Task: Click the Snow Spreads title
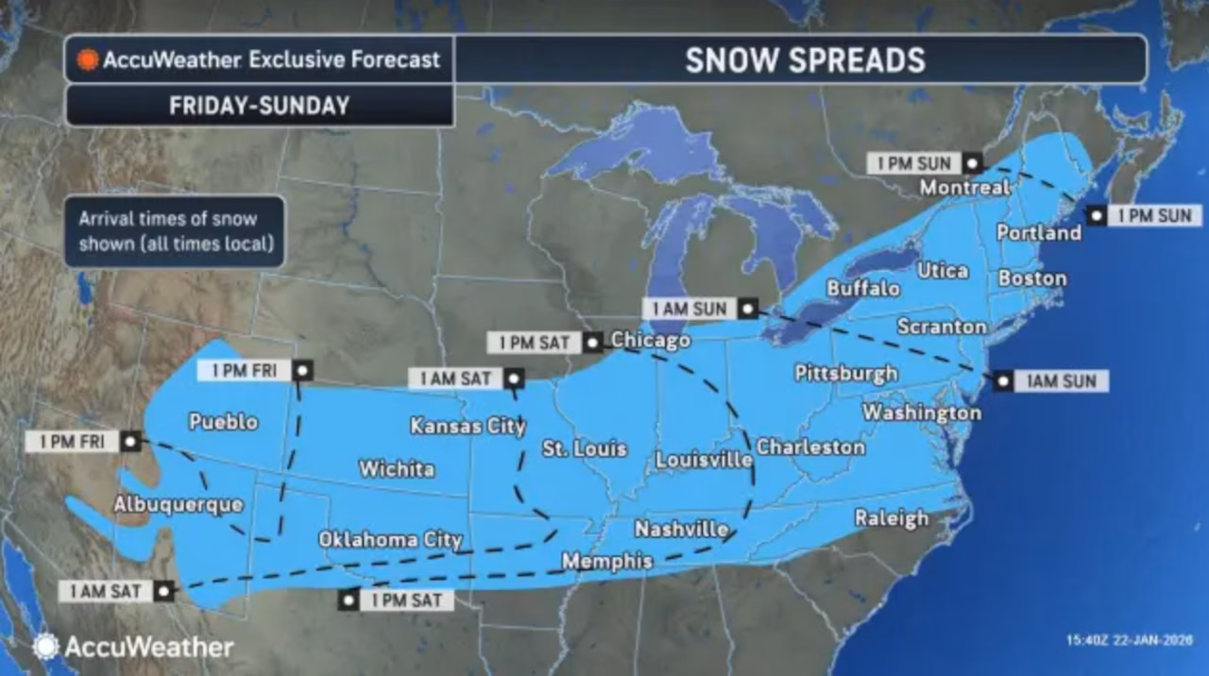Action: (x=804, y=59)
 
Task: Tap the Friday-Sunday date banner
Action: (x=259, y=106)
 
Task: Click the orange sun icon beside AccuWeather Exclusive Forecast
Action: (x=89, y=59)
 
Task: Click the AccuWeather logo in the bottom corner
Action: (x=133, y=647)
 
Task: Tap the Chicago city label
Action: (x=650, y=340)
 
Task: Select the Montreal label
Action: (x=964, y=187)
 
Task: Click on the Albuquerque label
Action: (x=178, y=504)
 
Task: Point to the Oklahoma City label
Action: (x=390, y=539)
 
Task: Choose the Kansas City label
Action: (x=468, y=426)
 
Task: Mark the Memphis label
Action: (x=606, y=561)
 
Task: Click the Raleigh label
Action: (x=891, y=517)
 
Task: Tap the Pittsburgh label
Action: (x=845, y=373)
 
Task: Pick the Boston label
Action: (x=1031, y=279)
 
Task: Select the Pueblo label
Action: (x=223, y=421)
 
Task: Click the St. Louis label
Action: (x=584, y=448)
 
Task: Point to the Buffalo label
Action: (x=862, y=288)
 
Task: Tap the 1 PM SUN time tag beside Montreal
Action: (x=913, y=162)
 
